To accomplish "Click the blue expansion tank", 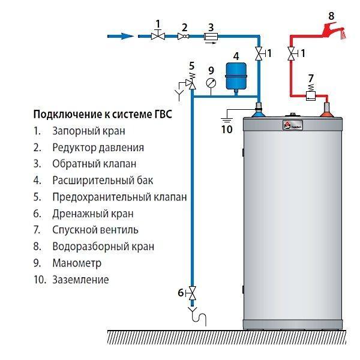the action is (x=236, y=76).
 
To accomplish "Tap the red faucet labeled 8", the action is (x=334, y=31).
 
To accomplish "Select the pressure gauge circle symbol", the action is (x=211, y=83).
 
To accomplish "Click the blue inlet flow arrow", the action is (x=121, y=36).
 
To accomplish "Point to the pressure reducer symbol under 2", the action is (x=183, y=36).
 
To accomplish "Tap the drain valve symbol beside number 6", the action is (x=193, y=293).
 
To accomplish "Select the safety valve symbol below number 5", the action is (x=191, y=84).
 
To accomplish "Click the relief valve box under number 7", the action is (x=311, y=95).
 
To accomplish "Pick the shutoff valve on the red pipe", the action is (x=292, y=53).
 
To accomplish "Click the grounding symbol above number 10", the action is (x=227, y=117).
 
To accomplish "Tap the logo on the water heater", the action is (x=293, y=125).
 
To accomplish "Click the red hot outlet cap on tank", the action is (x=326, y=114).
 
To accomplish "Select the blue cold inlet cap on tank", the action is (x=259, y=113).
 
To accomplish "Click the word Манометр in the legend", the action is (x=77, y=263).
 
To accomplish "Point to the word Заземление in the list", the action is (x=80, y=280).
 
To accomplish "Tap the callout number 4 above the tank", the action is (x=236, y=56).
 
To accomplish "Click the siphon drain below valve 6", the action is (x=197, y=316).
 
